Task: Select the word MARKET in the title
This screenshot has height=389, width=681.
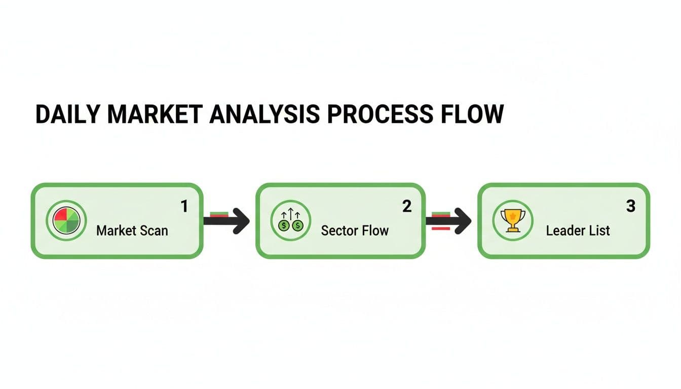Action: click(x=155, y=114)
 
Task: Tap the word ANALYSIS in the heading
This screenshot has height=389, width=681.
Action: click(x=264, y=114)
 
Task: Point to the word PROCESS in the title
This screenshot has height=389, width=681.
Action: click(x=380, y=114)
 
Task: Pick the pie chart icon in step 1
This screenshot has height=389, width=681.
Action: click(x=66, y=221)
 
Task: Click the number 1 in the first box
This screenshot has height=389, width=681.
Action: click(x=184, y=206)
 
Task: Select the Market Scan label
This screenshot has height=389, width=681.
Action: click(x=132, y=230)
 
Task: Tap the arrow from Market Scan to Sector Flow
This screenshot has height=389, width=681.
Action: click(x=226, y=221)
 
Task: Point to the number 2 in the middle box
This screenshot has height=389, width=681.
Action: click(x=407, y=206)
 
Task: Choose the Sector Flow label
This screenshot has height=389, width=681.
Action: click(x=355, y=230)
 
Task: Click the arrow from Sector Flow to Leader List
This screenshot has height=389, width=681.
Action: click(x=449, y=221)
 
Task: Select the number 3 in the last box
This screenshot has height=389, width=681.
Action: click(x=631, y=206)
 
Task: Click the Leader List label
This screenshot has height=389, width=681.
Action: click(x=578, y=230)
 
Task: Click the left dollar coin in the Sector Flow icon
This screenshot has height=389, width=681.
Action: click(x=284, y=225)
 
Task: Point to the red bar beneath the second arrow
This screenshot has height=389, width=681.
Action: click(x=441, y=228)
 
